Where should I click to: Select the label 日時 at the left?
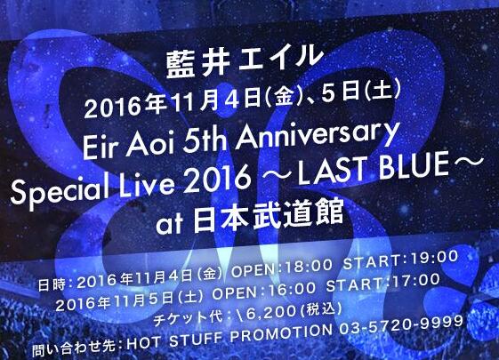point(52,284)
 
